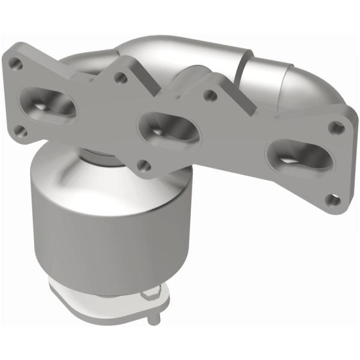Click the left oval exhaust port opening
coord(50,103)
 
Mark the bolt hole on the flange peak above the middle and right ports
coord(210,94)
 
